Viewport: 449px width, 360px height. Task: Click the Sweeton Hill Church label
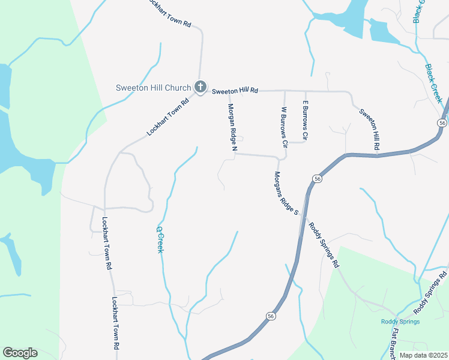pos(153,88)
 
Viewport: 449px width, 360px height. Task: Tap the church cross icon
pos(200,88)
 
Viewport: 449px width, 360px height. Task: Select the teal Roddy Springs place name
pos(400,322)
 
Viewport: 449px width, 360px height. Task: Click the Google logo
pos(20,353)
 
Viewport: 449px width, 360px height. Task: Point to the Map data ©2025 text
pos(424,355)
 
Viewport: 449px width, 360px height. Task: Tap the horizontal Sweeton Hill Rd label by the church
pos(235,90)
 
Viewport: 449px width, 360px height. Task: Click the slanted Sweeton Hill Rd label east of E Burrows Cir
pos(370,128)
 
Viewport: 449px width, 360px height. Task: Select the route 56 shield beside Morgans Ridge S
pos(316,179)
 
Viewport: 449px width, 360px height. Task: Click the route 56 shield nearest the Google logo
pos(271,316)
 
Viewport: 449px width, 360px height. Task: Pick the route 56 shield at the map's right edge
pos(442,122)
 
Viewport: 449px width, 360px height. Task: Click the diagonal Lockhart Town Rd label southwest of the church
pos(168,116)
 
